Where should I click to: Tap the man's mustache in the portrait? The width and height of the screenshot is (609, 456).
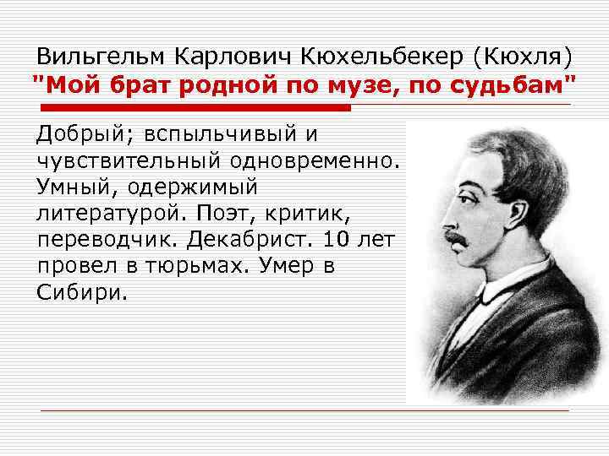(458, 238)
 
